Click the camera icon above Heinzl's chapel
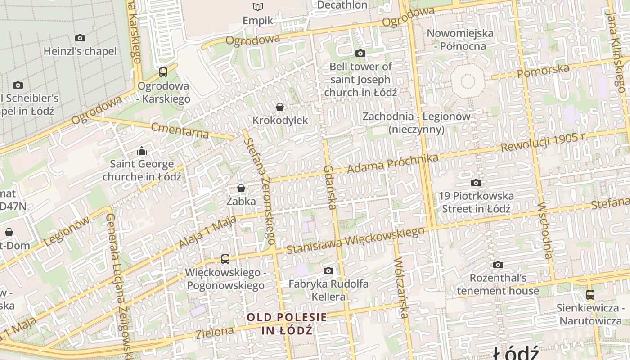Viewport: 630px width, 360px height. point(80,38)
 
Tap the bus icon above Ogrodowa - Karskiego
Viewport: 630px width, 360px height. point(163,72)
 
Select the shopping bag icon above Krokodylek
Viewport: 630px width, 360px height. point(280,107)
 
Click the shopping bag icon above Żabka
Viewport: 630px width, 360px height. point(241,188)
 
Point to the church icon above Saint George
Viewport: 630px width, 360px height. point(142,151)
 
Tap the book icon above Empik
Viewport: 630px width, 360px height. point(258,7)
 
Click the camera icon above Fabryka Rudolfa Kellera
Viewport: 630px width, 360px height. point(328,270)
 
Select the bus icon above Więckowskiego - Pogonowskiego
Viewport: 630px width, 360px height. point(225,259)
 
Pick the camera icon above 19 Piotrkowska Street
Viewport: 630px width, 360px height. point(476,183)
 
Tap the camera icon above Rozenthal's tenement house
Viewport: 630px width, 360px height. point(498,265)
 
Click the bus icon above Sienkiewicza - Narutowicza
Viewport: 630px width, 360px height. point(590,295)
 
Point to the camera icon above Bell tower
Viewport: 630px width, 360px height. point(360,53)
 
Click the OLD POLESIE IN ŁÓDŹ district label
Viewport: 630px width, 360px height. point(287,324)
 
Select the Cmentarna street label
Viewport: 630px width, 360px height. point(180,130)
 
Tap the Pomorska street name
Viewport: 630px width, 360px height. point(543,70)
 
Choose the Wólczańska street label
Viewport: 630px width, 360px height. point(401,288)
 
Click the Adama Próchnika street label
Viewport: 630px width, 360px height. point(393,165)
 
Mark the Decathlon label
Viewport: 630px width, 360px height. point(342,5)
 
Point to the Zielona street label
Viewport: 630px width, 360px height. point(215,333)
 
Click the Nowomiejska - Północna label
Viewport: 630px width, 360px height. point(460,40)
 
